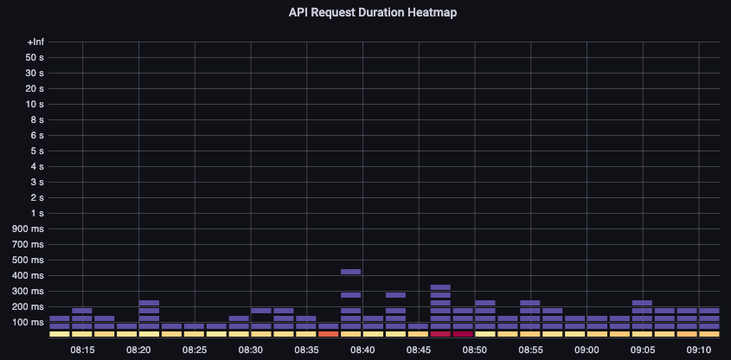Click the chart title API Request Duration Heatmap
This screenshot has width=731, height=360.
(365, 13)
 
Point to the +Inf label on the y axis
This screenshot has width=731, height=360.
(35, 42)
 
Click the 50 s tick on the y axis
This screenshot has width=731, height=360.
(35, 57)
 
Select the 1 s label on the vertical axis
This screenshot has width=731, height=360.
(37, 213)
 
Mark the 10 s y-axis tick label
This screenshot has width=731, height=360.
(35, 104)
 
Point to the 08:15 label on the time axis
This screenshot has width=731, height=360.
(82, 350)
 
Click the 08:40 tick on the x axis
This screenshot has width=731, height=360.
(362, 350)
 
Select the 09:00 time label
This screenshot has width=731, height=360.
(587, 350)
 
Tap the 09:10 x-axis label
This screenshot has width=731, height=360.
(699, 350)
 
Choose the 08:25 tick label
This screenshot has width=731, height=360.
(195, 350)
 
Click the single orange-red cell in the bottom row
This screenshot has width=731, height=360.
(329, 333)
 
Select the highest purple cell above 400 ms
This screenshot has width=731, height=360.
(350, 272)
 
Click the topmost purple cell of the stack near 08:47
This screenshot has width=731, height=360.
(440, 286)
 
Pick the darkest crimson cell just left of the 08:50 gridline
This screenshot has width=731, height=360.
(463, 333)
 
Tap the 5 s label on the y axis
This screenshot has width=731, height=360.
(37, 151)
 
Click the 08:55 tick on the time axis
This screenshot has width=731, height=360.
(530, 350)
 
